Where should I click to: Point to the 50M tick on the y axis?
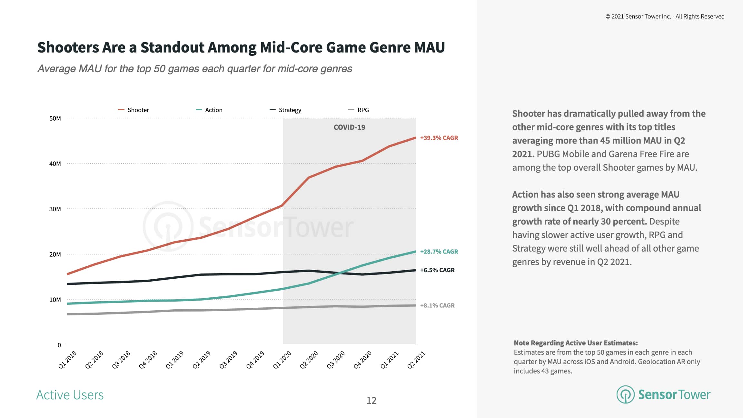point(55,118)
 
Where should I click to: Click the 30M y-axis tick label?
point(55,209)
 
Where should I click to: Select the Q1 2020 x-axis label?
point(282,360)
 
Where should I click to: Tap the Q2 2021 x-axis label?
point(416,360)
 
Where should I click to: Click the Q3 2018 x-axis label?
point(121,360)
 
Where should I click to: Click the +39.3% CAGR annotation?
point(439,138)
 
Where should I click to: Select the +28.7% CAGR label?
point(439,252)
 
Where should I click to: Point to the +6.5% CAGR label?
point(437,270)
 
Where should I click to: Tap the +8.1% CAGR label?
point(437,305)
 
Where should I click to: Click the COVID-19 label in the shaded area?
point(349,127)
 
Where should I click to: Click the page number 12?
point(371,401)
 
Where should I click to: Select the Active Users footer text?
point(70,395)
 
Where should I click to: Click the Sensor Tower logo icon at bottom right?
point(625,394)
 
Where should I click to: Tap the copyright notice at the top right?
point(665,16)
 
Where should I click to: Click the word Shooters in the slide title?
point(68,47)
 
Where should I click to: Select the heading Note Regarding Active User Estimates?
point(576,343)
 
